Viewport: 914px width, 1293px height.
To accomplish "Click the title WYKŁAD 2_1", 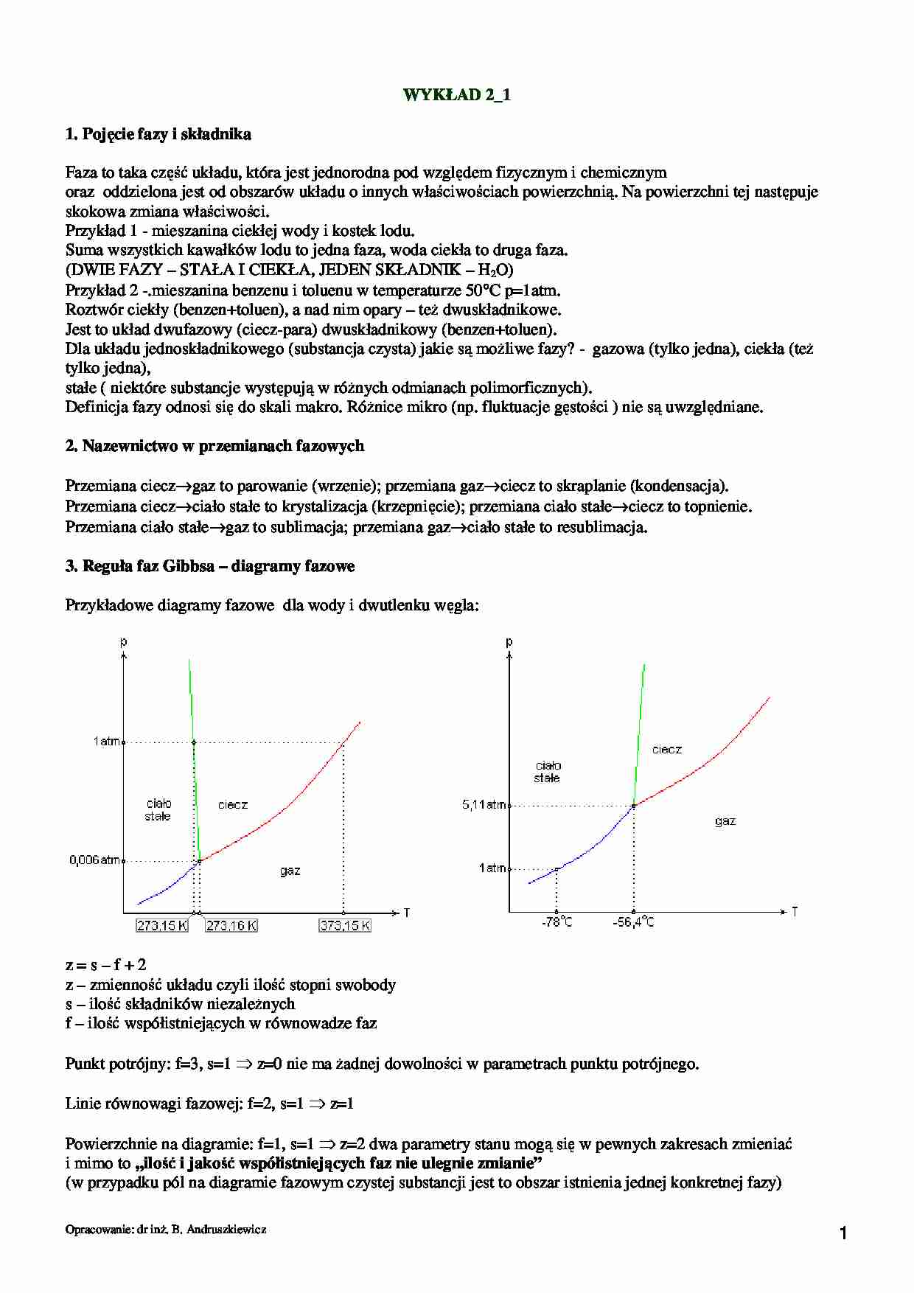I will click(x=456, y=95).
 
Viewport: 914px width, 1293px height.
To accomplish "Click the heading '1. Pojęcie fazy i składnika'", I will click(x=158, y=134).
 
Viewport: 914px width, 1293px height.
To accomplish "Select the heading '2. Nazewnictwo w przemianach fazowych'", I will click(x=214, y=446).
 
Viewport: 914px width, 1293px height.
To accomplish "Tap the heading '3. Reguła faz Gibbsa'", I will click(x=210, y=566).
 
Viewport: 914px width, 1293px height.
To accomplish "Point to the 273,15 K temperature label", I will click(x=162, y=926).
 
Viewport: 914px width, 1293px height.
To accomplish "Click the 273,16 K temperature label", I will click(x=231, y=926).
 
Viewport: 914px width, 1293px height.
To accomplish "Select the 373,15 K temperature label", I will click(x=345, y=926).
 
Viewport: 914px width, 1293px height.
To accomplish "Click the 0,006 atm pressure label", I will click(x=94, y=860).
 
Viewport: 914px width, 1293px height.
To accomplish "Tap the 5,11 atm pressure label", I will click(x=484, y=805).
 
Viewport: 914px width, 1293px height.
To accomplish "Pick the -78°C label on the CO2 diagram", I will click(x=557, y=922).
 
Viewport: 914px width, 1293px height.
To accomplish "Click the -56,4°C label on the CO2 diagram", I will click(x=633, y=922).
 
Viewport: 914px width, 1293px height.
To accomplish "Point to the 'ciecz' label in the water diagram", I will click(x=233, y=805).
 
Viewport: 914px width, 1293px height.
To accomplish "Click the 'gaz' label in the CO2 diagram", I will click(x=725, y=821).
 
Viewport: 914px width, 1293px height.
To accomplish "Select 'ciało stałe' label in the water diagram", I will click(x=158, y=809).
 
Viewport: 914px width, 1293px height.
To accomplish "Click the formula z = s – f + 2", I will click(x=105, y=965).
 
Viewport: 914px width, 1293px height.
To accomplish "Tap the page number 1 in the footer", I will click(x=844, y=1233).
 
